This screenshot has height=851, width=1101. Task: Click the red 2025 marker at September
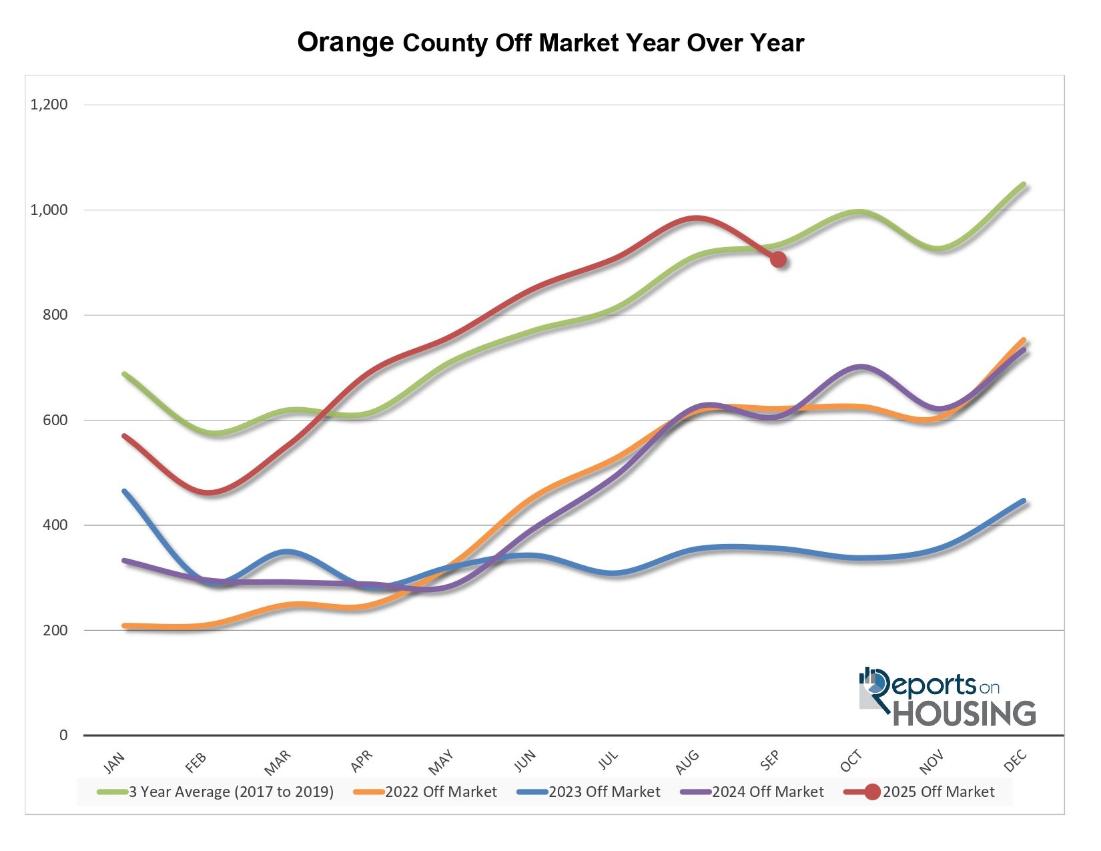(778, 259)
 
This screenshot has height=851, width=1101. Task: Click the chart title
(550, 43)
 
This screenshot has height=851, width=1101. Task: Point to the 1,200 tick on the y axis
(49, 105)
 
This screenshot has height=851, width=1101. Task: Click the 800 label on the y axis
(55, 315)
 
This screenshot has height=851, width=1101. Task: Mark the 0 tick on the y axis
(63, 735)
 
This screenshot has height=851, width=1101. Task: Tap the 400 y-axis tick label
(55, 525)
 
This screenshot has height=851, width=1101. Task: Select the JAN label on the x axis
(114, 762)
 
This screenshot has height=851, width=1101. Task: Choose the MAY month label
(441, 762)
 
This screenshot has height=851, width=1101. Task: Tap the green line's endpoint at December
(1024, 185)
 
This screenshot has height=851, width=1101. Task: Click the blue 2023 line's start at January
(124, 491)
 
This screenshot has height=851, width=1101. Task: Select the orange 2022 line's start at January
(125, 626)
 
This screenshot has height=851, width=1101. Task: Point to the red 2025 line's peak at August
(697, 218)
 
